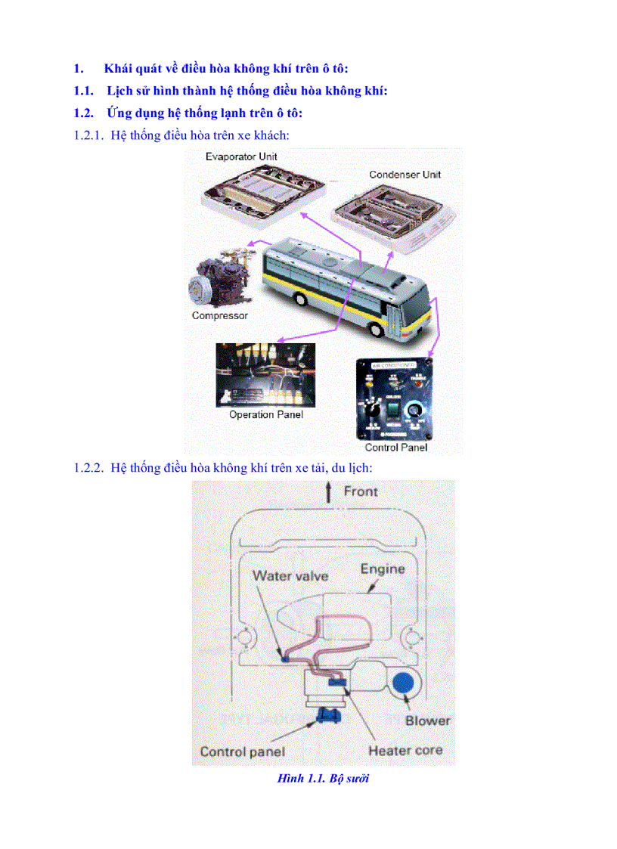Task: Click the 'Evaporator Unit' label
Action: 241,156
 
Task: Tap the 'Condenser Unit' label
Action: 405,175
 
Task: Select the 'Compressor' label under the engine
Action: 219,315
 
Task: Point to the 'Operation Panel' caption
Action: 265,414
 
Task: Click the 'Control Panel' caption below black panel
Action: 395,448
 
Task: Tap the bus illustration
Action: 348,279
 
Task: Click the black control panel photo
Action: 395,398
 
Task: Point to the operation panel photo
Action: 265,374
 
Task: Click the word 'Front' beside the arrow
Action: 361,491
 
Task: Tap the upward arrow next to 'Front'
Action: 327,493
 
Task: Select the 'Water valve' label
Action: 290,576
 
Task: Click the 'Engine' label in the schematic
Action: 382,569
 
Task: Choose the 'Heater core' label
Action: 405,751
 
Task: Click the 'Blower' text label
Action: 427,720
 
